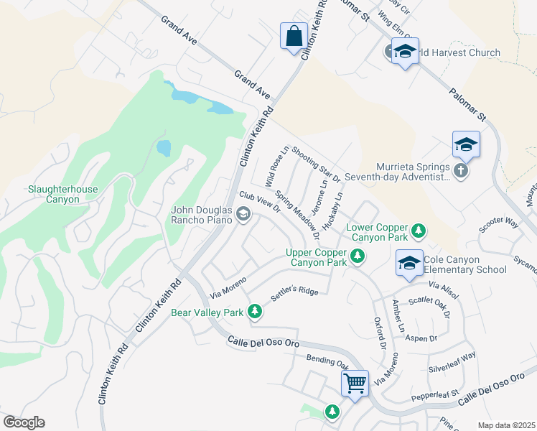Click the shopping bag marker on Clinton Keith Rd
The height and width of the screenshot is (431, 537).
point(294,36)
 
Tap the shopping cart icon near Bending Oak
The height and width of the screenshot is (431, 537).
point(355,382)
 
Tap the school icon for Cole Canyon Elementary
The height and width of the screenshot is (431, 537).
point(408,263)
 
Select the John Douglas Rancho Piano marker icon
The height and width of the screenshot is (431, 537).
point(243,213)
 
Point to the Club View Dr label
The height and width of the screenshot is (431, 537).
point(259,200)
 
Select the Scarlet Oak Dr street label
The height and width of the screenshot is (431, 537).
point(429,307)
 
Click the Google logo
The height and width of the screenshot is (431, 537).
point(24,422)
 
